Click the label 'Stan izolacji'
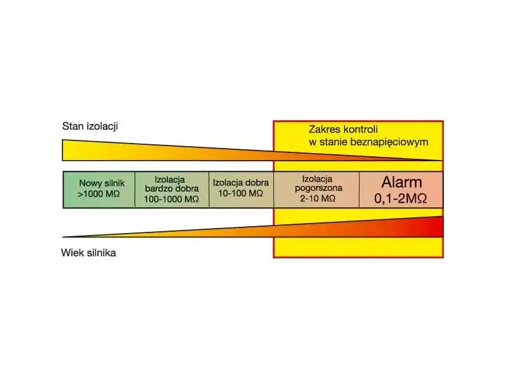tap(90, 126)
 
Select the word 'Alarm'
tap(401, 183)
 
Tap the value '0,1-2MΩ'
tap(401, 198)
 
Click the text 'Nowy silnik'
tap(99, 183)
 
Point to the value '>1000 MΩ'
tap(99, 194)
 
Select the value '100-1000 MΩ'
tap(172, 198)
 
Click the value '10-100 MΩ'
tap(241, 193)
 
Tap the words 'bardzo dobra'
tap(172, 188)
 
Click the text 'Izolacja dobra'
tap(241, 183)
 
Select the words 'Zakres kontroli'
tap(343, 129)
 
